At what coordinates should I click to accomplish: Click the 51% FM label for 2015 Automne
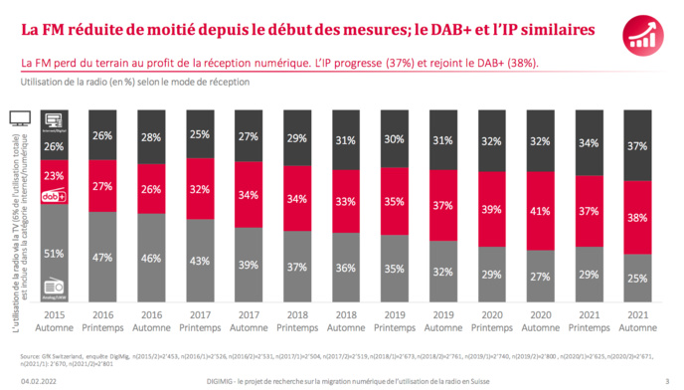pyautogui.click(x=56, y=252)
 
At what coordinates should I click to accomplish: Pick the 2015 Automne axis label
pyautogui.click(x=57, y=320)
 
